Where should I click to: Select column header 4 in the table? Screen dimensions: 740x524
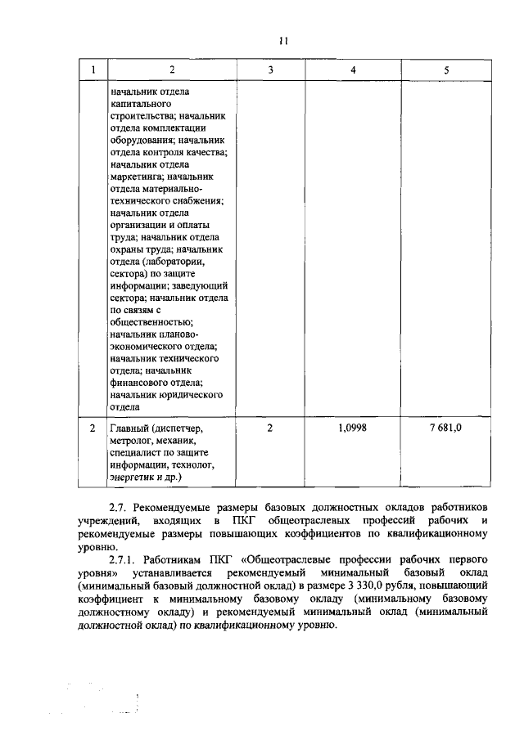(x=353, y=70)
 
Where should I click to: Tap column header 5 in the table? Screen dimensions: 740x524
(x=446, y=70)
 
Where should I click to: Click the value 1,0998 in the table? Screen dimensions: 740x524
(x=353, y=428)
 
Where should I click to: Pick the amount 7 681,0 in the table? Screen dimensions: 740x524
(x=446, y=428)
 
